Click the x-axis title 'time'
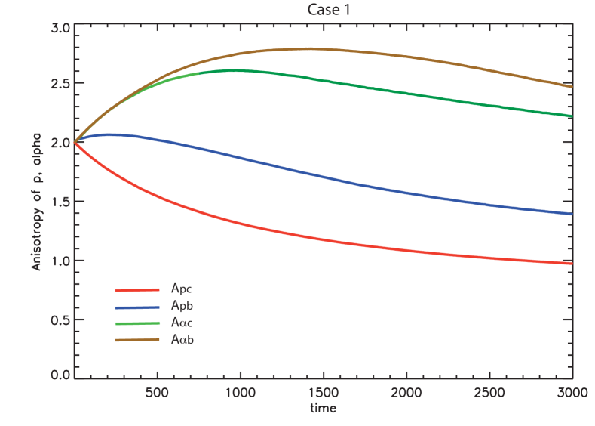click(x=322, y=409)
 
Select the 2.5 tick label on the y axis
click(x=62, y=83)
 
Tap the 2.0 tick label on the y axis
click(x=62, y=142)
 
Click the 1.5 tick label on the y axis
click(x=62, y=202)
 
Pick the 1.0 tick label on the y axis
click(x=62, y=261)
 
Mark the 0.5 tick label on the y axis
click(x=62, y=319)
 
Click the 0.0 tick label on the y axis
click(x=62, y=375)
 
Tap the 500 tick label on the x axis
click(x=156, y=392)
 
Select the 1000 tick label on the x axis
click(x=239, y=392)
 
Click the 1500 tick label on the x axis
click(x=323, y=392)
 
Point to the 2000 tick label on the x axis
click(x=406, y=392)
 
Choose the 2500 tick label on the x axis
click(x=489, y=392)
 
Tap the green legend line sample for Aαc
click(x=137, y=323)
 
